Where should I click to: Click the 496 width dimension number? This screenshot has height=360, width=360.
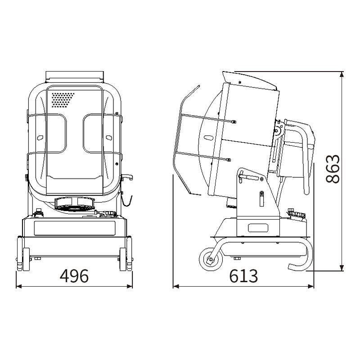[74, 276]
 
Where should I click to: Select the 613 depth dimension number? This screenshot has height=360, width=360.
[243, 276]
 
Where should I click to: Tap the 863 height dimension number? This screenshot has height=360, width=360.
[333, 169]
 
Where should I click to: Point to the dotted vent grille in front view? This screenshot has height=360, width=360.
[63, 100]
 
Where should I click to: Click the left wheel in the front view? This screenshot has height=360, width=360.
[21, 254]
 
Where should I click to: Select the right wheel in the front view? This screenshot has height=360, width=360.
[129, 254]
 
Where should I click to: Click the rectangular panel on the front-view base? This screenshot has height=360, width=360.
[74, 229]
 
